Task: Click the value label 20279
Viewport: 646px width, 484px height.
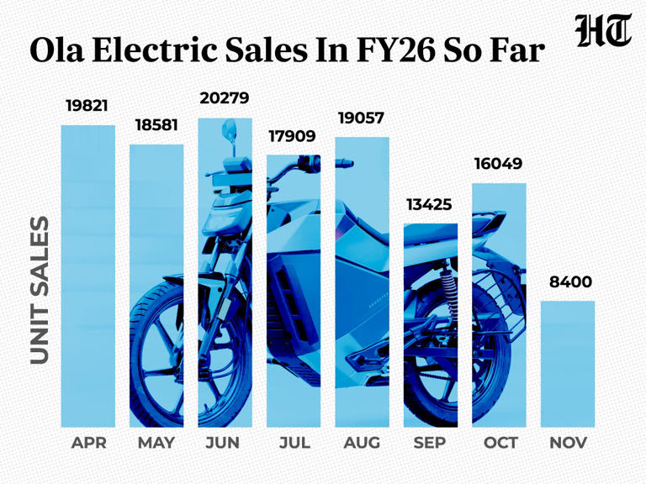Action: tap(225, 98)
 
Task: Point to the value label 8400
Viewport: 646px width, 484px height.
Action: tap(570, 282)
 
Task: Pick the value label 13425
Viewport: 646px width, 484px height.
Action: tap(429, 204)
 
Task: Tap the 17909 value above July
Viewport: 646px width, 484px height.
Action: tap(292, 135)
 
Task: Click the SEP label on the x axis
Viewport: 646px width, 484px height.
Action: tap(430, 443)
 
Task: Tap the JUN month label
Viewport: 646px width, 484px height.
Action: tap(223, 443)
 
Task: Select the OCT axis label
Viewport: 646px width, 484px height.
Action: tap(500, 443)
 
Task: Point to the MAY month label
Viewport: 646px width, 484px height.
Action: tap(156, 443)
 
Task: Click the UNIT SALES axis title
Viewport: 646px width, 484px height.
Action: tap(40, 291)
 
